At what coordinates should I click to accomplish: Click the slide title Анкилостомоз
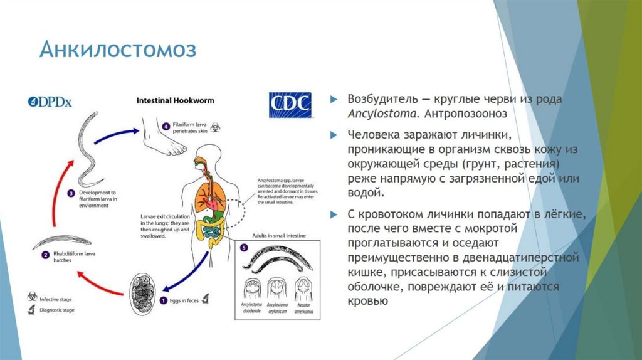point(118,50)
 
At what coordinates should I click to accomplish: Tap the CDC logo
point(290,105)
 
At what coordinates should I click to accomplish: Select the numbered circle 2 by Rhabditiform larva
point(46,255)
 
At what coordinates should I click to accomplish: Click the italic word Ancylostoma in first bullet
point(383,114)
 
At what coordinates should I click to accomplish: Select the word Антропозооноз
point(466,114)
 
